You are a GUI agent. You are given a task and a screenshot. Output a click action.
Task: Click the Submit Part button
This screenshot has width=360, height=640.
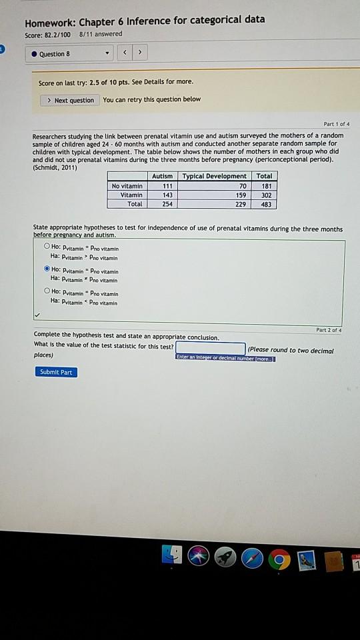coord(56,372)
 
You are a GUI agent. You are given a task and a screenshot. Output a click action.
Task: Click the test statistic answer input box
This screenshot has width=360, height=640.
coord(211,348)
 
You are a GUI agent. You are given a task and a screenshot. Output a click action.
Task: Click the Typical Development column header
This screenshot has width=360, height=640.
coord(214,176)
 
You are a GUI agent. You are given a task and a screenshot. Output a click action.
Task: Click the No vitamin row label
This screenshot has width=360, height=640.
coord(127,185)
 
